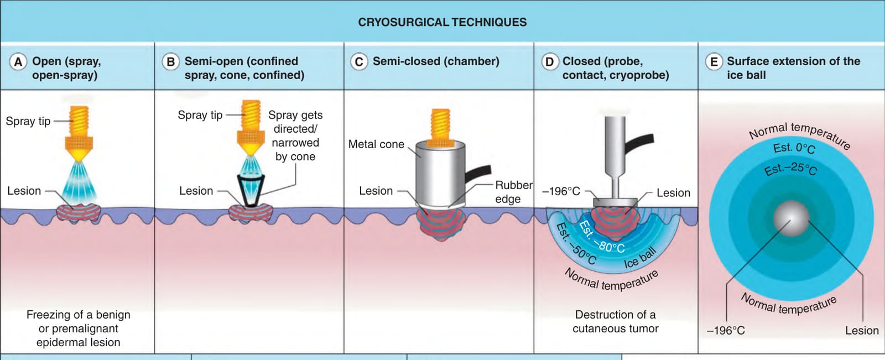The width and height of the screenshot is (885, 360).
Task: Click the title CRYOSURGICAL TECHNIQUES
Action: pyautogui.click(x=442, y=22)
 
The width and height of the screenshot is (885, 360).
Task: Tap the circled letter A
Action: pyautogui.click(x=18, y=62)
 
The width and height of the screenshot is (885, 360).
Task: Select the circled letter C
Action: pyautogui.click(x=359, y=62)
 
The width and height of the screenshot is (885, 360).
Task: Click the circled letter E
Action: pyautogui.click(x=714, y=62)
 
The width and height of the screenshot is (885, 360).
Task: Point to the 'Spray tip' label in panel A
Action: pyautogui.click(x=28, y=121)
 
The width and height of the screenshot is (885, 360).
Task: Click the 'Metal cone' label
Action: pyautogui.click(x=376, y=144)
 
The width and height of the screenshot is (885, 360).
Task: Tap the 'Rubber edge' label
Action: pyautogui.click(x=514, y=192)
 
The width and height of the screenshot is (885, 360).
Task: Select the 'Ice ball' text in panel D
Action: pyautogui.click(x=641, y=257)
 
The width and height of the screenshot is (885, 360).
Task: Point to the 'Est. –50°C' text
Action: pyautogui.click(x=576, y=244)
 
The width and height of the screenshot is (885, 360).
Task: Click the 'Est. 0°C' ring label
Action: pyautogui.click(x=794, y=148)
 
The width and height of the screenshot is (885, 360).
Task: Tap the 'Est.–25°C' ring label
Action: pyautogui.click(x=790, y=169)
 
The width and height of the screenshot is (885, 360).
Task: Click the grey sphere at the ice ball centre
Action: pyautogui.click(x=791, y=219)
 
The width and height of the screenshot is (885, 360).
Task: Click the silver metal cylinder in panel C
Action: pyautogui.click(x=440, y=174)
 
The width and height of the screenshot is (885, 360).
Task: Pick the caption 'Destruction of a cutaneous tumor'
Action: pyautogui.click(x=615, y=322)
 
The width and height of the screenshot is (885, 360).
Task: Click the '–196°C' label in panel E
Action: pyautogui.click(x=726, y=330)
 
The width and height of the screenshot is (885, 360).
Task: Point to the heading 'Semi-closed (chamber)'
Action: pyautogui.click(x=436, y=61)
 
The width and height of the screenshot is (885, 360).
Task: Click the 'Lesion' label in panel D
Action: pyautogui.click(x=673, y=193)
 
